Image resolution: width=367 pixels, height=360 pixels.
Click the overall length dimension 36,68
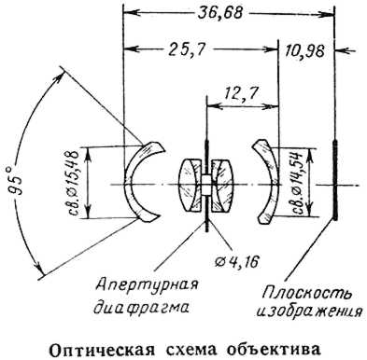point(220,13)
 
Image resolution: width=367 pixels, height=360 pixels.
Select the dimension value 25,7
point(187,49)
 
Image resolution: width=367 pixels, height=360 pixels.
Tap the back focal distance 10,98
point(304,51)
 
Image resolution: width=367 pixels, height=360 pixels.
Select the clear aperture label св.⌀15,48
point(74,182)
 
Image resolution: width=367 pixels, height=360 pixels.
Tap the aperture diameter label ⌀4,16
point(237,262)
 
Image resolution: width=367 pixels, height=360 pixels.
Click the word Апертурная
point(147,285)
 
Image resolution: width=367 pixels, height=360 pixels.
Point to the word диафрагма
point(142,308)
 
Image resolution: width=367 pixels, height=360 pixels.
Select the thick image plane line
point(334,180)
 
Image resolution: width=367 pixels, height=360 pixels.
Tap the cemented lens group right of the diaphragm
point(222,186)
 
